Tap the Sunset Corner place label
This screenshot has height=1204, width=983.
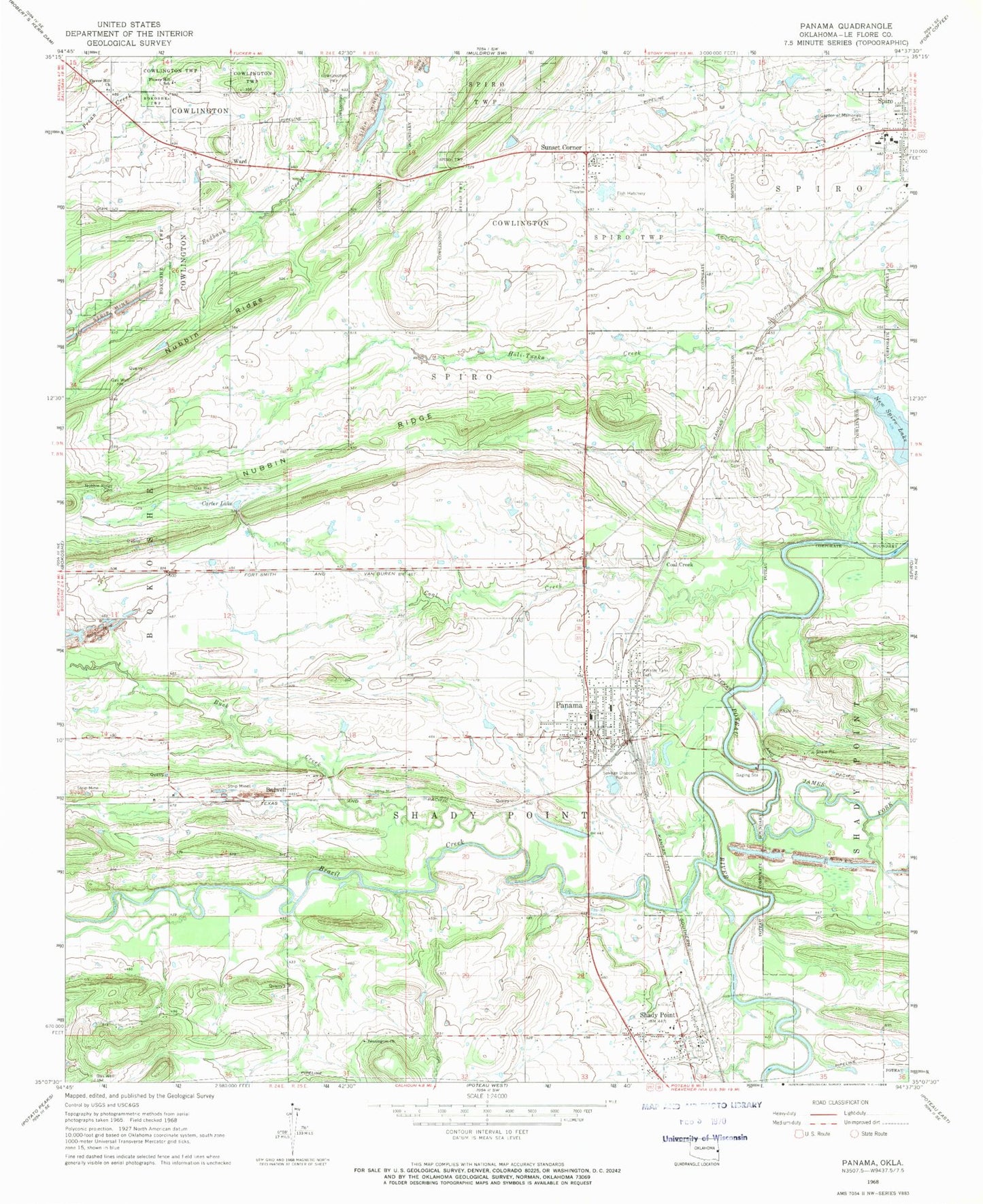pos(561,148)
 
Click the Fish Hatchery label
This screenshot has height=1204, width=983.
pos(630,193)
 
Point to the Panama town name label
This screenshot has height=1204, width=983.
pos(568,705)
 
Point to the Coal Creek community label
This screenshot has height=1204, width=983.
pos(679,564)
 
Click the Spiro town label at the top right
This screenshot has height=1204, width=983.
pos(884,101)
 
